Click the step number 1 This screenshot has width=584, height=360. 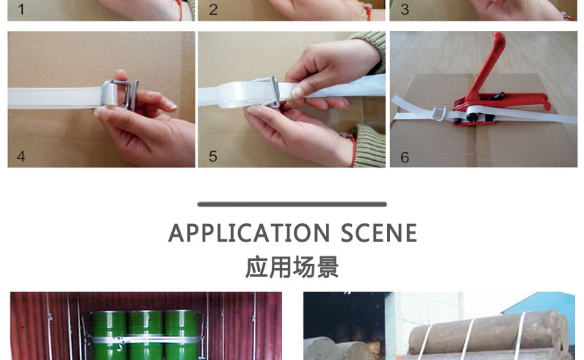click(21, 10)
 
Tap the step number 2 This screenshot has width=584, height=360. click(213, 10)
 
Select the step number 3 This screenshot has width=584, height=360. click(405, 10)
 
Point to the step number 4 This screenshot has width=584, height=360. click(21, 156)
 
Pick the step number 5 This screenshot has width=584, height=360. click(213, 156)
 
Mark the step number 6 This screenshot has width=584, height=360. click(405, 157)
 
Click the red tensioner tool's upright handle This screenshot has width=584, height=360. click(490, 63)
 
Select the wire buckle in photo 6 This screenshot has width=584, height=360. click(439, 114)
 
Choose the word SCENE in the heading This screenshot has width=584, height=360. click(379, 233)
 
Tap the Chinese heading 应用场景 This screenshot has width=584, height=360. click(292, 267)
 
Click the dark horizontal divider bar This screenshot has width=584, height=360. click(292, 204)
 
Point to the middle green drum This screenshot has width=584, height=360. click(145, 334)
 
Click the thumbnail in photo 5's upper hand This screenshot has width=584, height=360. click(298, 92)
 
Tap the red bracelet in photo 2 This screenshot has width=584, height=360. click(367, 12)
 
